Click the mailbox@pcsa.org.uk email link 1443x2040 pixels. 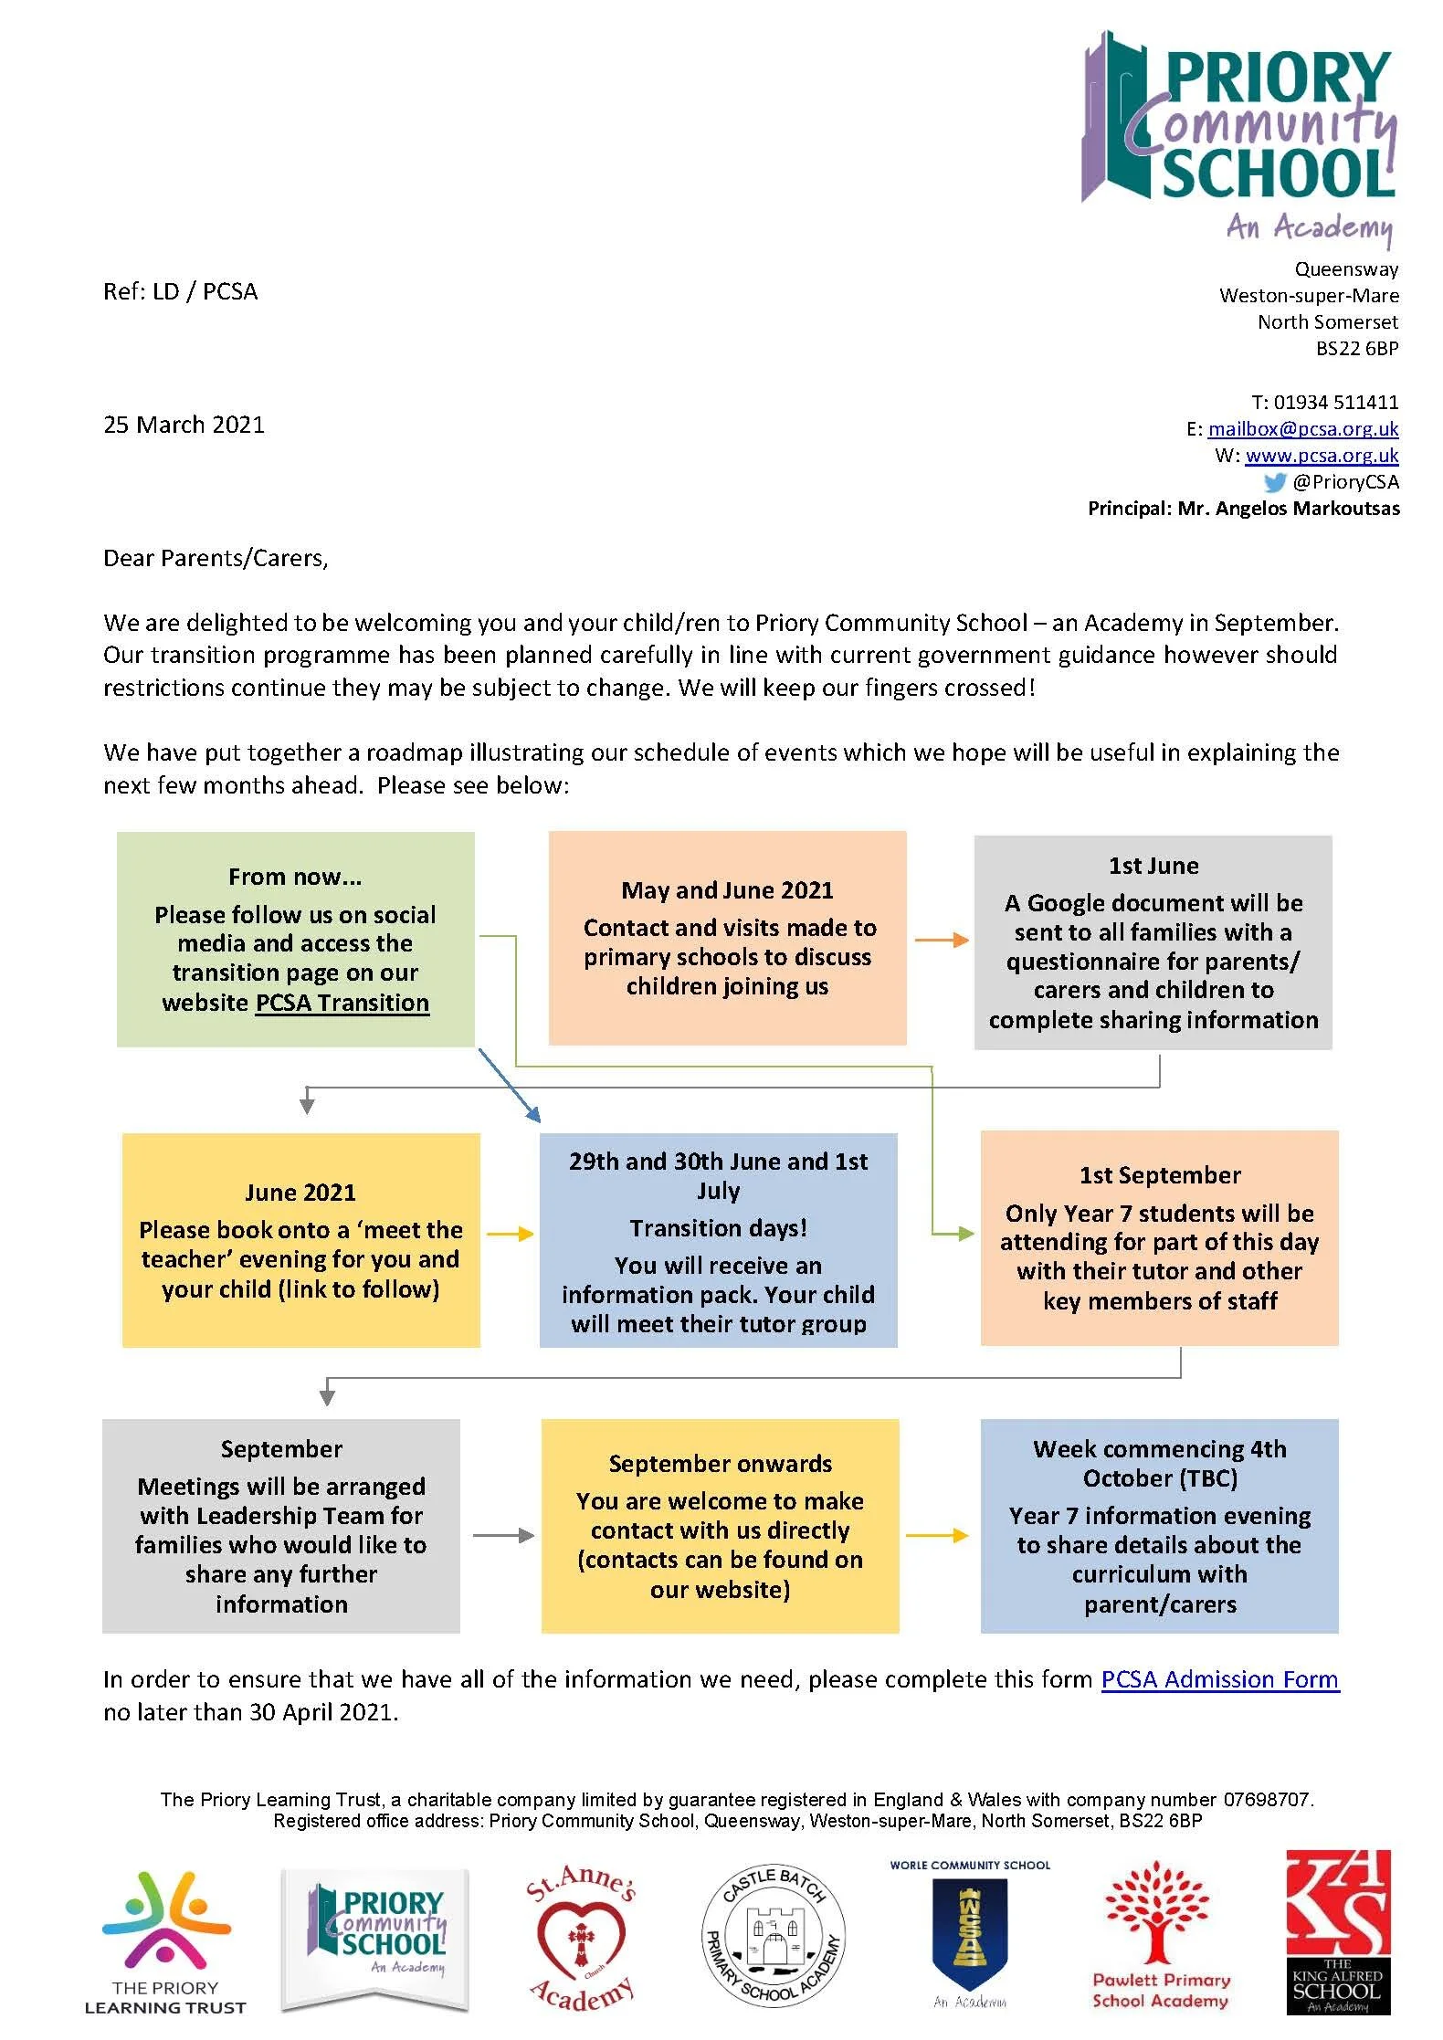(1302, 428)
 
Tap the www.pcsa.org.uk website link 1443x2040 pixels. (1321, 455)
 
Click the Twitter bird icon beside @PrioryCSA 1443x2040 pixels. (1275, 482)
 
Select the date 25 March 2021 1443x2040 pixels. (184, 425)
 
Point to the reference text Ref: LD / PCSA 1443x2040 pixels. (180, 291)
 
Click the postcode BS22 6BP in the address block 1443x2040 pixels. (1356, 348)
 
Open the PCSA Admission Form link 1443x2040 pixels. (1219, 1679)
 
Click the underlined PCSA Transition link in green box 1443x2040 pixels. (342, 1003)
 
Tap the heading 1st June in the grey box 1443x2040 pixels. (1153, 866)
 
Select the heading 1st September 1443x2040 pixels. (1159, 1175)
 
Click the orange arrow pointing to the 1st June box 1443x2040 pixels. (941, 940)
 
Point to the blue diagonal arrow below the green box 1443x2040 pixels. (510, 1085)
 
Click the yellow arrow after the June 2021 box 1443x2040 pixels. (510, 1234)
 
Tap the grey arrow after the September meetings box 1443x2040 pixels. (503, 1535)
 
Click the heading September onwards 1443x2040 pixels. (720, 1464)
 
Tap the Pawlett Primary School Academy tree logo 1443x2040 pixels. (1160, 1934)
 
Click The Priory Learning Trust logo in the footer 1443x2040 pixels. (165, 1941)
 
